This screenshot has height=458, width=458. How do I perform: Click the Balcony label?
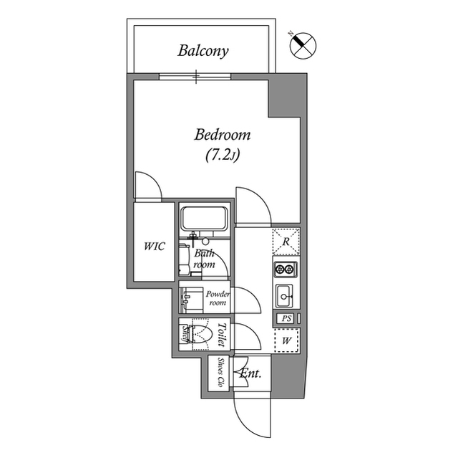203,51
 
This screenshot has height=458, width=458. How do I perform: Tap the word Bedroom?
223,135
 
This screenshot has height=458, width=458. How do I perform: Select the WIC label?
153,246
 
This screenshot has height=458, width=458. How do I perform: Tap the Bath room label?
205,259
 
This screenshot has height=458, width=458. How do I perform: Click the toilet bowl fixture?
201,334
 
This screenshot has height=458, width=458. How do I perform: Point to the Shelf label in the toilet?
185,335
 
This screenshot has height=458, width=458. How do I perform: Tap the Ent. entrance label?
250,373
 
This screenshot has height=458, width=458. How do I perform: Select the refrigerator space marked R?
286,242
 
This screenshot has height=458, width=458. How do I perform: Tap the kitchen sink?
285,295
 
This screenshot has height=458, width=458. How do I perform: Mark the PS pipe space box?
285,318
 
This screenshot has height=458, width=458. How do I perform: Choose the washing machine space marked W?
286,340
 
